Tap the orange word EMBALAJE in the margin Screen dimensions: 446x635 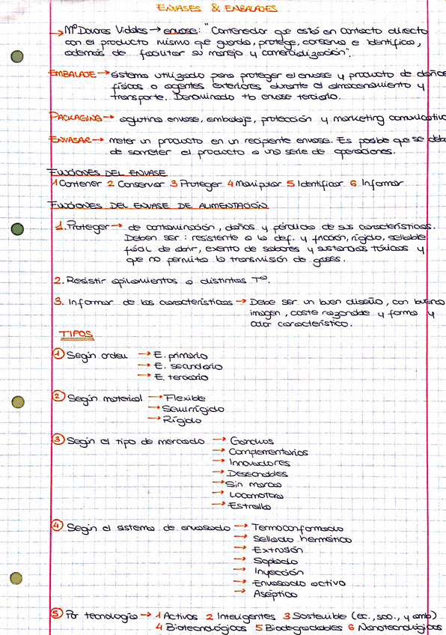[72, 75]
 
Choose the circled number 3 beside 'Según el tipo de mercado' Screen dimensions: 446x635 [58, 440]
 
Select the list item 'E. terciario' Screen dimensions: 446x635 [182, 377]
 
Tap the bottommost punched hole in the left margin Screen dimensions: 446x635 [16, 577]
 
